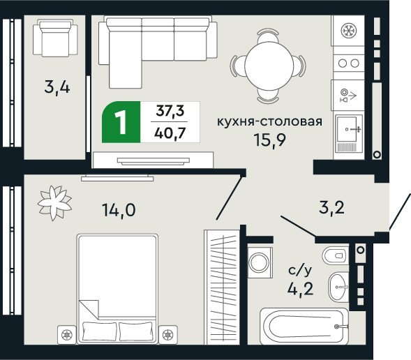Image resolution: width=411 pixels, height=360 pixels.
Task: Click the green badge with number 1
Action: click(x=121, y=123)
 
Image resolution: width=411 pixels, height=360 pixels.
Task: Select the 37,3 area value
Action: click(x=170, y=111)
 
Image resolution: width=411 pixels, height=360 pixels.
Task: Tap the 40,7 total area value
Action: click(x=170, y=133)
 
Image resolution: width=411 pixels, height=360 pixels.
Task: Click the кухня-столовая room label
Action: click(x=270, y=121)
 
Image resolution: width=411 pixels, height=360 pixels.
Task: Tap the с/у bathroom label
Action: click(x=300, y=269)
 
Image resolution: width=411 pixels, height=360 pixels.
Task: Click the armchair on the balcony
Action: click(x=54, y=38)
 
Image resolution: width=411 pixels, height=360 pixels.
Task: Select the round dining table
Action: click(x=270, y=63)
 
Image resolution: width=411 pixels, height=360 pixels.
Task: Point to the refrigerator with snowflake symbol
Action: click(x=347, y=31)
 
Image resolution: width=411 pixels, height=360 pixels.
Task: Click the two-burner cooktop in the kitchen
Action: click(x=347, y=63)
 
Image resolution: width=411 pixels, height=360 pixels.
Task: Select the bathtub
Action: click(x=304, y=326)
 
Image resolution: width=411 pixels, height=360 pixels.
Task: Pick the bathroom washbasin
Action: click(x=339, y=284)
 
